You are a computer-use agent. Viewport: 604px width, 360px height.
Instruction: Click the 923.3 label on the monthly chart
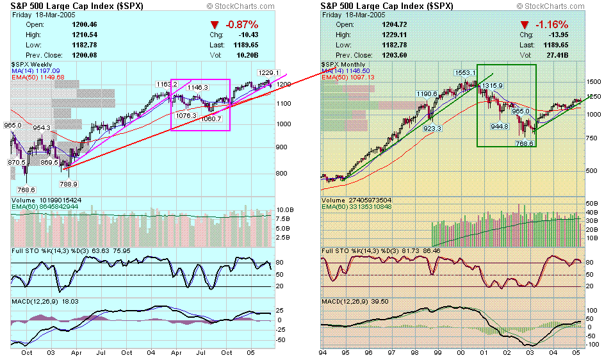coord(432,128)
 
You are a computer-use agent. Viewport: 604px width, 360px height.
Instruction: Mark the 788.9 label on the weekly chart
coord(68,184)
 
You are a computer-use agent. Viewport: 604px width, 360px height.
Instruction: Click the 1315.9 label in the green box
coord(493,85)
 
